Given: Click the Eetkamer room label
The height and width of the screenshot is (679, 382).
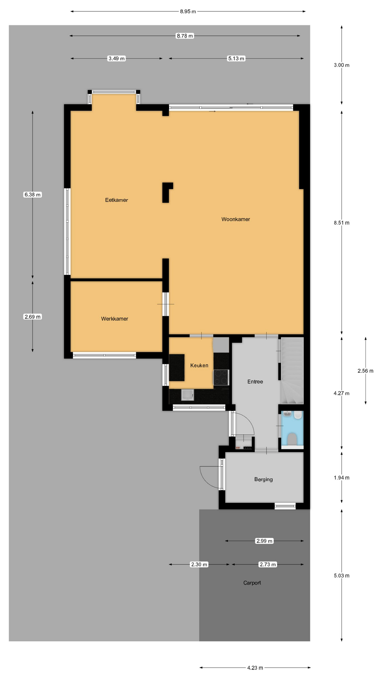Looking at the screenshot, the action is coord(116,200).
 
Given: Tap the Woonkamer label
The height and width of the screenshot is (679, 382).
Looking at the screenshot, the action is coord(236,219).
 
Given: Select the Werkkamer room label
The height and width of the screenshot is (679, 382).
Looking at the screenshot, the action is coord(115,319).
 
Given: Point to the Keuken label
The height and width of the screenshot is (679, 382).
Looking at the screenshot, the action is coord(199,365).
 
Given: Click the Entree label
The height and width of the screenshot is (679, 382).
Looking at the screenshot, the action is coord(255,382).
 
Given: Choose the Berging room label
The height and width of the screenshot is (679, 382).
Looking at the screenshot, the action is coord(264,480).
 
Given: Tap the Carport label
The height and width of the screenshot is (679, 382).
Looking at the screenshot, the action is coord(252,583).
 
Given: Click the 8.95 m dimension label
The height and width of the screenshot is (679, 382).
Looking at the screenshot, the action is coord(188,11).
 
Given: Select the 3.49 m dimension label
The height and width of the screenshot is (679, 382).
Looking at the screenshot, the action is coord(117,58).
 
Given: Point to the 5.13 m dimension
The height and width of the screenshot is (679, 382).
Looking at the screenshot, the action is coord(236,58).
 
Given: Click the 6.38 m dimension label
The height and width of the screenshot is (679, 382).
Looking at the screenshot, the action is coord(33,195).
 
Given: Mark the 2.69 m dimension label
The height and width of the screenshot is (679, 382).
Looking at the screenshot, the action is coord(33,317).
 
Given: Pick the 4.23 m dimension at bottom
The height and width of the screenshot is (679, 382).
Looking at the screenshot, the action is coord(255,668).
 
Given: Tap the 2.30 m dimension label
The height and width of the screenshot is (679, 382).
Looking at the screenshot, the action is coord(199,564).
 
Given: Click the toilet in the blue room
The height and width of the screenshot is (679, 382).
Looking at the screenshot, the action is coord(292,439).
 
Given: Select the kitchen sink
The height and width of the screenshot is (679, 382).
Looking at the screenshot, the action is coord(187,395).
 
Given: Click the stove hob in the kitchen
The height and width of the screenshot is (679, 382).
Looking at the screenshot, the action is coord(221,377).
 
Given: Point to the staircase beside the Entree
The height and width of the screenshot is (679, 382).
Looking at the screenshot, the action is coord(292,371).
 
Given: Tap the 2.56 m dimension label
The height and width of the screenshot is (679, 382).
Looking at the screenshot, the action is coord(365,371).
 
